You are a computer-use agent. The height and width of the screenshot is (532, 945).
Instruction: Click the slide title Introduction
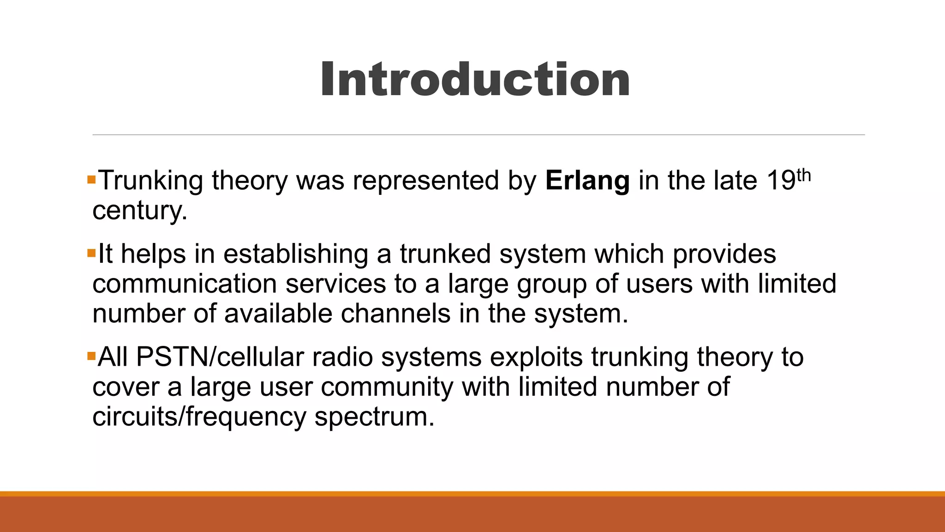pyautogui.click(x=475, y=79)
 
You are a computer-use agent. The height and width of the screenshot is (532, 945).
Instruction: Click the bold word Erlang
pyautogui.click(x=587, y=180)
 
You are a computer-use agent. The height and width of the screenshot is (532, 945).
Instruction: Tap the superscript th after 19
pyautogui.click(x=803, y=175)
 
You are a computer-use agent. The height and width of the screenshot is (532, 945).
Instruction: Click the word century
pyautogui.click(x=139, y=211)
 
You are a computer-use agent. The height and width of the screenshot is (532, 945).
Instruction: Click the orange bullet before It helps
pyautogui.click(x=91, y=253)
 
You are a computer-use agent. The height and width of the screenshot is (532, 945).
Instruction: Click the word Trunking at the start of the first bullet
pyautogui.click(x=151, y=181)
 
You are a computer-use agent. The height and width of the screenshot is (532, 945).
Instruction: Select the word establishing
pyautogui.click(x=296, y=254)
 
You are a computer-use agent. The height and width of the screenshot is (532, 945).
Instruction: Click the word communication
pyautogui.click(x=184, y=284)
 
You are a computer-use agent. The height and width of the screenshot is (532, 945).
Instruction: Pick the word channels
pyautogui.click(x=395, y=314)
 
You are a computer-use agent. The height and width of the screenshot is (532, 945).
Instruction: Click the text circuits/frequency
pyautogui.click(x=199, y=417)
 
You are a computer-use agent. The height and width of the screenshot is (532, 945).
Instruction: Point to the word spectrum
pyautogui.click(x=374, y=417)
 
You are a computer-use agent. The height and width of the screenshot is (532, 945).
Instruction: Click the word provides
pyautogui.click(x=724, y=254)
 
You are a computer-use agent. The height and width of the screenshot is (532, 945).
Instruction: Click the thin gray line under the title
pyautogui.click(x=478, y=135)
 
